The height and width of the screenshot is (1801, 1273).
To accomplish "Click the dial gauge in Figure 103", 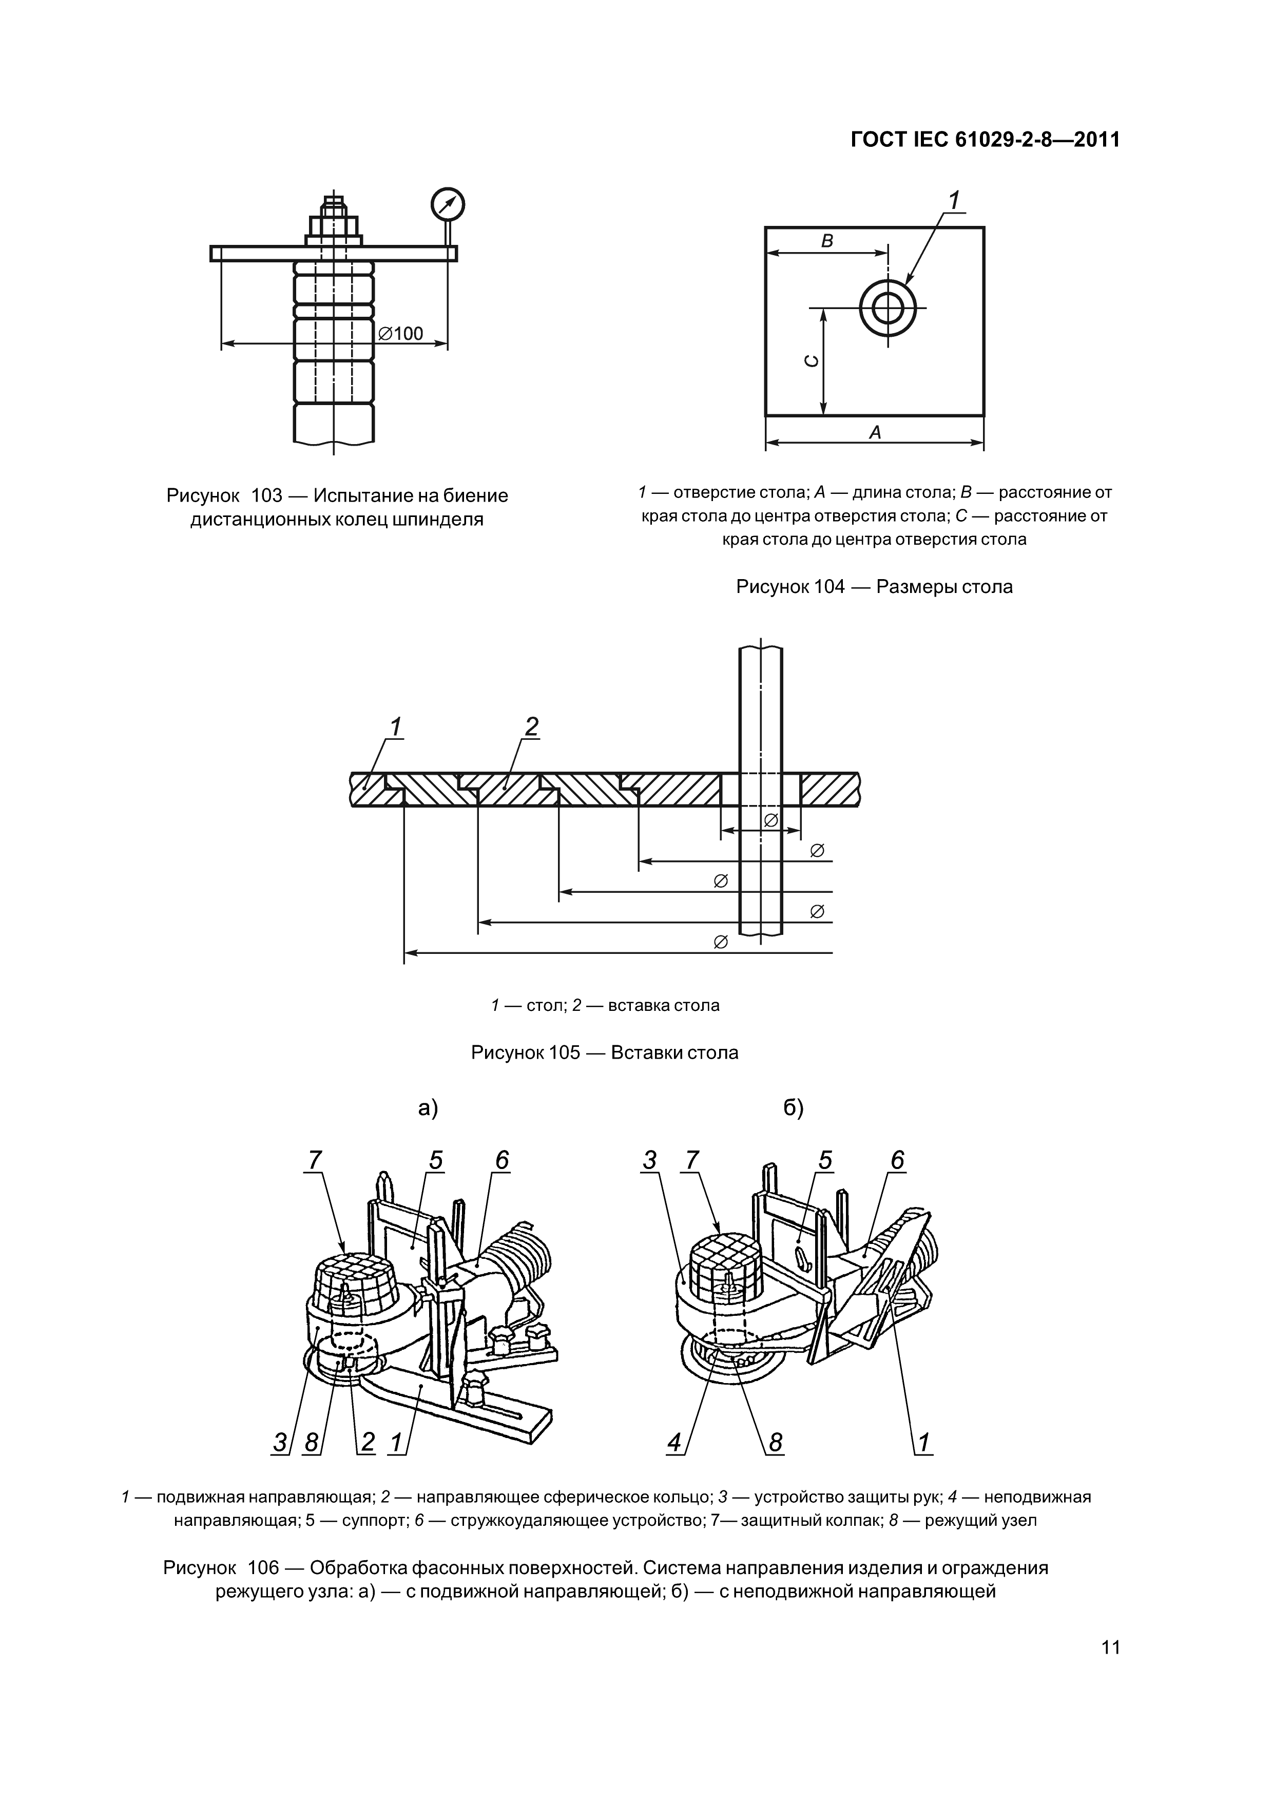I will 447,205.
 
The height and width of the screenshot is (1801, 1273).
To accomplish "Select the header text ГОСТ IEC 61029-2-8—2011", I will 985,140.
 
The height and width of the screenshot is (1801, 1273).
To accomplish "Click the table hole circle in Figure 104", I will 888,308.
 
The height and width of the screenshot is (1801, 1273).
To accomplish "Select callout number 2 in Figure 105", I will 532,726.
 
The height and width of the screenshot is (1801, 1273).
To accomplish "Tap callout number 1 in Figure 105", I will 396,726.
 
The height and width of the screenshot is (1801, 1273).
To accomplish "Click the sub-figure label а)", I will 428,1108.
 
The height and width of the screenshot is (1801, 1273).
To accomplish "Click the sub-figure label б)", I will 794,1108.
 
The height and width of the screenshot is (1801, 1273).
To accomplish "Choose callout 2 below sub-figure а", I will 367,1442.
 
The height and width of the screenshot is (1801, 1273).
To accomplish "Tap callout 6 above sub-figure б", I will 897,1159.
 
